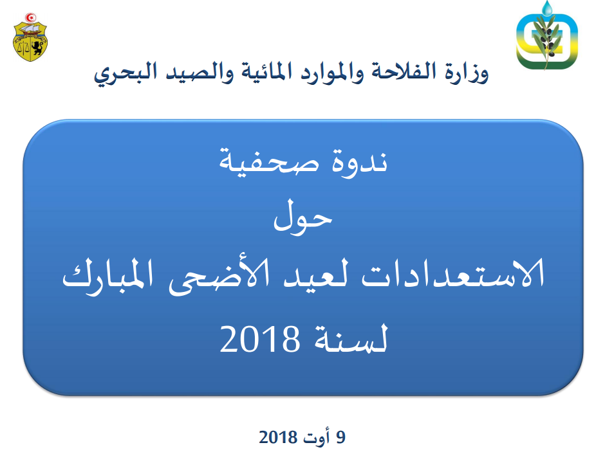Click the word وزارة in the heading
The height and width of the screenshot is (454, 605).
467,73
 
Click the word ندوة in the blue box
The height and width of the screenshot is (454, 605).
360,161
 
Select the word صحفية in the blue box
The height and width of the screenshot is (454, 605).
269,162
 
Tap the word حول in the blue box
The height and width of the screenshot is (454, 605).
303,218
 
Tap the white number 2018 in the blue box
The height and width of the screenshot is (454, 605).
259,338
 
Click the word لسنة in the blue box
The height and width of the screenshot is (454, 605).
350,338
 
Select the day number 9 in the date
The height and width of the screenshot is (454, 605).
340,437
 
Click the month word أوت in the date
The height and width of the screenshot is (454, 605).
317,437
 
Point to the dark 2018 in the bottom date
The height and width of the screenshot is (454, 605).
278,437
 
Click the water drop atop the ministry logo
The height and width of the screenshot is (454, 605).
546,8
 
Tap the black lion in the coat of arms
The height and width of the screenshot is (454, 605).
37,48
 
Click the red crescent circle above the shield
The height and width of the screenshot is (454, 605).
30,18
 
